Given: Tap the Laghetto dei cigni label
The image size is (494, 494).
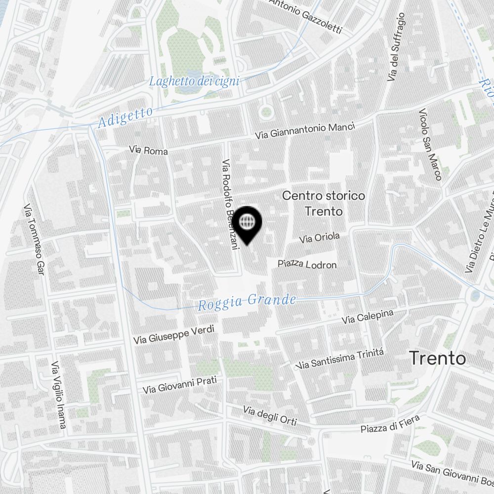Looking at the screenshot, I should [194, 81].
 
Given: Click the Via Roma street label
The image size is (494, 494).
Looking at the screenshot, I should [148, 150].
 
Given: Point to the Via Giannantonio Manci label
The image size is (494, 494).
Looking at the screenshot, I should [305, 131].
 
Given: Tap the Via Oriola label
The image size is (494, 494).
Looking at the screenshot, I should [320, 238].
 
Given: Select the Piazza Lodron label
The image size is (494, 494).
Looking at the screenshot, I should [307, 264].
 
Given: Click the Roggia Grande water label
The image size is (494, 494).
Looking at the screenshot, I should [247, 302].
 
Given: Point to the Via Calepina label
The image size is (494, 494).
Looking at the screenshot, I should [368, 317].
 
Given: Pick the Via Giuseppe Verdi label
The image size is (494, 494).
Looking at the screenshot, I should [174, 335].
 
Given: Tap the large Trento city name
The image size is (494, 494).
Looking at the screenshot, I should [438, 359].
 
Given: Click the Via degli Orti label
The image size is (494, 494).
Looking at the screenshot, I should [270, 416].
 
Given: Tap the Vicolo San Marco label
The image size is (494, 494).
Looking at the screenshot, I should [430, 144].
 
